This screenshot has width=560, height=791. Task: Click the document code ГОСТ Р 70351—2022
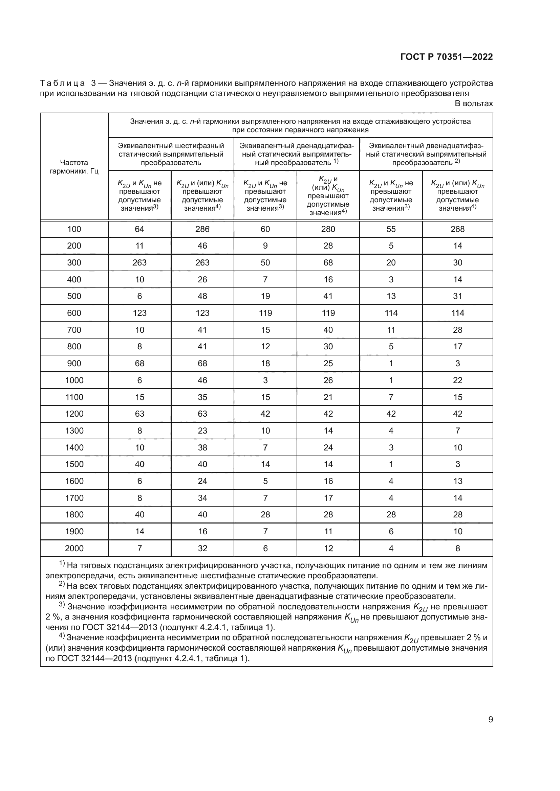pos(447,57)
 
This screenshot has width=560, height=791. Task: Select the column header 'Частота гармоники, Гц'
pos(74,167)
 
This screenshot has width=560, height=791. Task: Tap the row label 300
pos(74,262)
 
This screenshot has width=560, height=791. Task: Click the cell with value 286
pos(202,229)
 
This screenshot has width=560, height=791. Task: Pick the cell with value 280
pos(328,229)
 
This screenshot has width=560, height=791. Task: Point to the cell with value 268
pos(458,229)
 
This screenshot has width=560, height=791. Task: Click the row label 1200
pos(74,414)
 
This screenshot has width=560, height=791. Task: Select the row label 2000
pos(74,548)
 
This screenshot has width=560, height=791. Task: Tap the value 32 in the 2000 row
pos(202,548)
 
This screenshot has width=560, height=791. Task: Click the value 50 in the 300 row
pos(265,262)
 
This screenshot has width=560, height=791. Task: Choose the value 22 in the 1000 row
pos(458,380)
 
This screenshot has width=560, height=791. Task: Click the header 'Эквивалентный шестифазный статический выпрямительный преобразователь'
pos(171,154)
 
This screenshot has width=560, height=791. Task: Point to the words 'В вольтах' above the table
pos(474,104)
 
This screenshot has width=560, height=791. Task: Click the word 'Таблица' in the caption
pos(62,84)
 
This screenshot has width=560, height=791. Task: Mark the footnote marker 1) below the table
pos(62,564)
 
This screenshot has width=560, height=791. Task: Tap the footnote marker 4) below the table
pos(62,636)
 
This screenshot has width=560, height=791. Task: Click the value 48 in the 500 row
pos(202,296)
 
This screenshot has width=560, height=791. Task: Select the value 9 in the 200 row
pos(265,246)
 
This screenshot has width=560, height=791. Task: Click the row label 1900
pos(74,531)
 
